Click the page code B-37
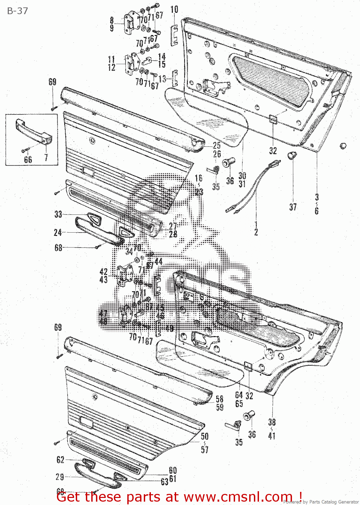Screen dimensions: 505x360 pos(18,11)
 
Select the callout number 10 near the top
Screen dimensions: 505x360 pos(174,9)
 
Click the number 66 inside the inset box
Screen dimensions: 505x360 pos(28,160)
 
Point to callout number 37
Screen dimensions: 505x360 pos(293,207)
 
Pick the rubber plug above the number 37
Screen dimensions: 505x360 pos(292,156)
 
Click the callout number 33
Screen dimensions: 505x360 pos(58,214)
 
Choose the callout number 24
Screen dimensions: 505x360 pos(58,232)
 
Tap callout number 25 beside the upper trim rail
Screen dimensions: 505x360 pos(217,145)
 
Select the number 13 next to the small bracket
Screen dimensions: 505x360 pos(162,79)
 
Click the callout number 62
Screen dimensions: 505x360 pos(60,460)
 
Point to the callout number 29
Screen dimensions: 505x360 pos(60,477)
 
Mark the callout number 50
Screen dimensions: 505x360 pos(205,436)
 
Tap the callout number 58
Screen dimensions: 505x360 pos(220,399)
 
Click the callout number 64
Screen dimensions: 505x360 pos(239,395)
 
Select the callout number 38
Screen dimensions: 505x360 pos(272,422)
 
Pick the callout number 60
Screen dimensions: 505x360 pos(173,470)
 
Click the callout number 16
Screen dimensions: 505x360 pos(199,178)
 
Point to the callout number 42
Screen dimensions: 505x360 pos(104,272)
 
